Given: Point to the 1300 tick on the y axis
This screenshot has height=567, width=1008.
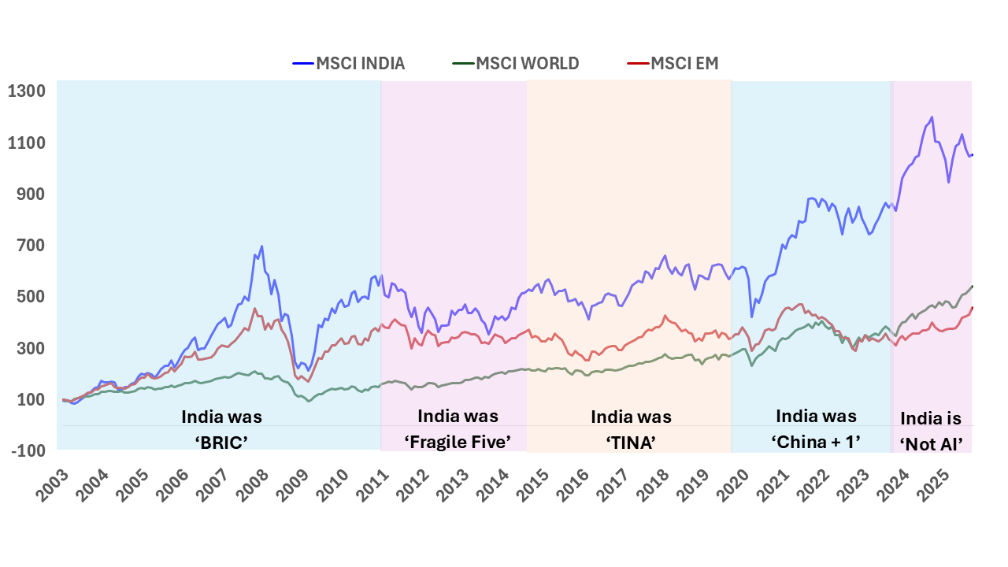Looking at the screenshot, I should [x=27, y=91].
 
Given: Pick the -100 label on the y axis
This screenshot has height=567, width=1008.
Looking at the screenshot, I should [x=27, y=451].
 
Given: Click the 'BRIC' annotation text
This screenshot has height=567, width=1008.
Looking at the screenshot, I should [x=222, y=442].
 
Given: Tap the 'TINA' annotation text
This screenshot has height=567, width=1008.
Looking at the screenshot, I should [x=631, y=442].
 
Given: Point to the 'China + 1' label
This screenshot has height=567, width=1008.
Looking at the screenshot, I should [x=816, y=442].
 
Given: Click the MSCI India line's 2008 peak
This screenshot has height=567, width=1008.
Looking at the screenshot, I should [x=261, y=246].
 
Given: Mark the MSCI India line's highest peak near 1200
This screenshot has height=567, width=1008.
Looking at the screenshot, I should [x=932, y=117].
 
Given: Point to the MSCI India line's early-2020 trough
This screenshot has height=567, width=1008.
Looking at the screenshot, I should [x=751, y=317].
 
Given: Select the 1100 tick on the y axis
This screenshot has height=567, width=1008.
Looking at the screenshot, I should [x=27, y=143].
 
